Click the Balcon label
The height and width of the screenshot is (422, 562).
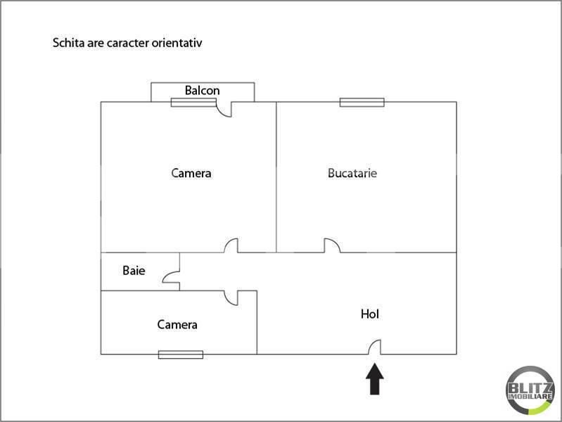coord(202,91)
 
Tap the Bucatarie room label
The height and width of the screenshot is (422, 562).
coord(352,173)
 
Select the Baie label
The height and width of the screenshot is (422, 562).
coord(134,270)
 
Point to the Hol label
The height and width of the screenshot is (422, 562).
coord(370,314)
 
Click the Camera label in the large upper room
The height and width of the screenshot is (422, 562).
coord(191,173)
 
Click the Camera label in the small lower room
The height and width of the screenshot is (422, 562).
coord(177,325)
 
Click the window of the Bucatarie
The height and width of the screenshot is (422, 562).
coord(362,102)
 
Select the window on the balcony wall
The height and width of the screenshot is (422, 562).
coord(193,103)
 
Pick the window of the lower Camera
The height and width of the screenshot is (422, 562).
coord(181,354)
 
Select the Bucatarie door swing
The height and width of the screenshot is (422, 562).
coord(332,245)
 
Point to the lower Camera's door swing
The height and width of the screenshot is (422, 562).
coord(231,298)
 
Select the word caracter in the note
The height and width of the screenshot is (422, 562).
coord(125,43)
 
